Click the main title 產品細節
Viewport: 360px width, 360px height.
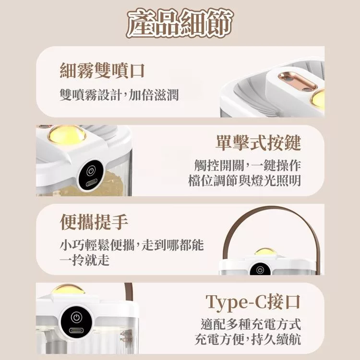point(180,24)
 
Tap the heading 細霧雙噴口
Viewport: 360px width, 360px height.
point(102,71)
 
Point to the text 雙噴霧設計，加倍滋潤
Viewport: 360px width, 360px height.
point(119,95)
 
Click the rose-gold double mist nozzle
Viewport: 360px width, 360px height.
point(298,81)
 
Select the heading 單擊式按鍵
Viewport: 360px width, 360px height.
point(258,143)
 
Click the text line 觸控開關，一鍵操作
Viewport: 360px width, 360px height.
point(248,165)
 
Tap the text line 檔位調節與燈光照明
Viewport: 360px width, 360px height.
point(244,180)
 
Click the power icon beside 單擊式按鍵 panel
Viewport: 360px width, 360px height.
point(91,171)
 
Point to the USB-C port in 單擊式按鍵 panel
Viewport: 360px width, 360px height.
point(91,184)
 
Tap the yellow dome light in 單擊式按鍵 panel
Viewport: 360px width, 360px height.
point(67,135)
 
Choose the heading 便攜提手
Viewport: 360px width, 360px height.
point(94,222)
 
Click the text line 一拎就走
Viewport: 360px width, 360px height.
point(84,260)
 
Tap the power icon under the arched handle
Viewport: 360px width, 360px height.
point(260,270)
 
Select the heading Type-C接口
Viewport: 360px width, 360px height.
point(253,302)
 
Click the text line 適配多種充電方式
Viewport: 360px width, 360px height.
point(251,324)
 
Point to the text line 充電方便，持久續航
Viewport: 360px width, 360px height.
point(248,339)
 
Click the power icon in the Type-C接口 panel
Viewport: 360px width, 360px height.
point(76,317)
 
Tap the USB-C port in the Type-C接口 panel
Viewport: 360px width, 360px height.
point(76,331)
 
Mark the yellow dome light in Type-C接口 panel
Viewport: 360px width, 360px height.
point(68,289)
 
